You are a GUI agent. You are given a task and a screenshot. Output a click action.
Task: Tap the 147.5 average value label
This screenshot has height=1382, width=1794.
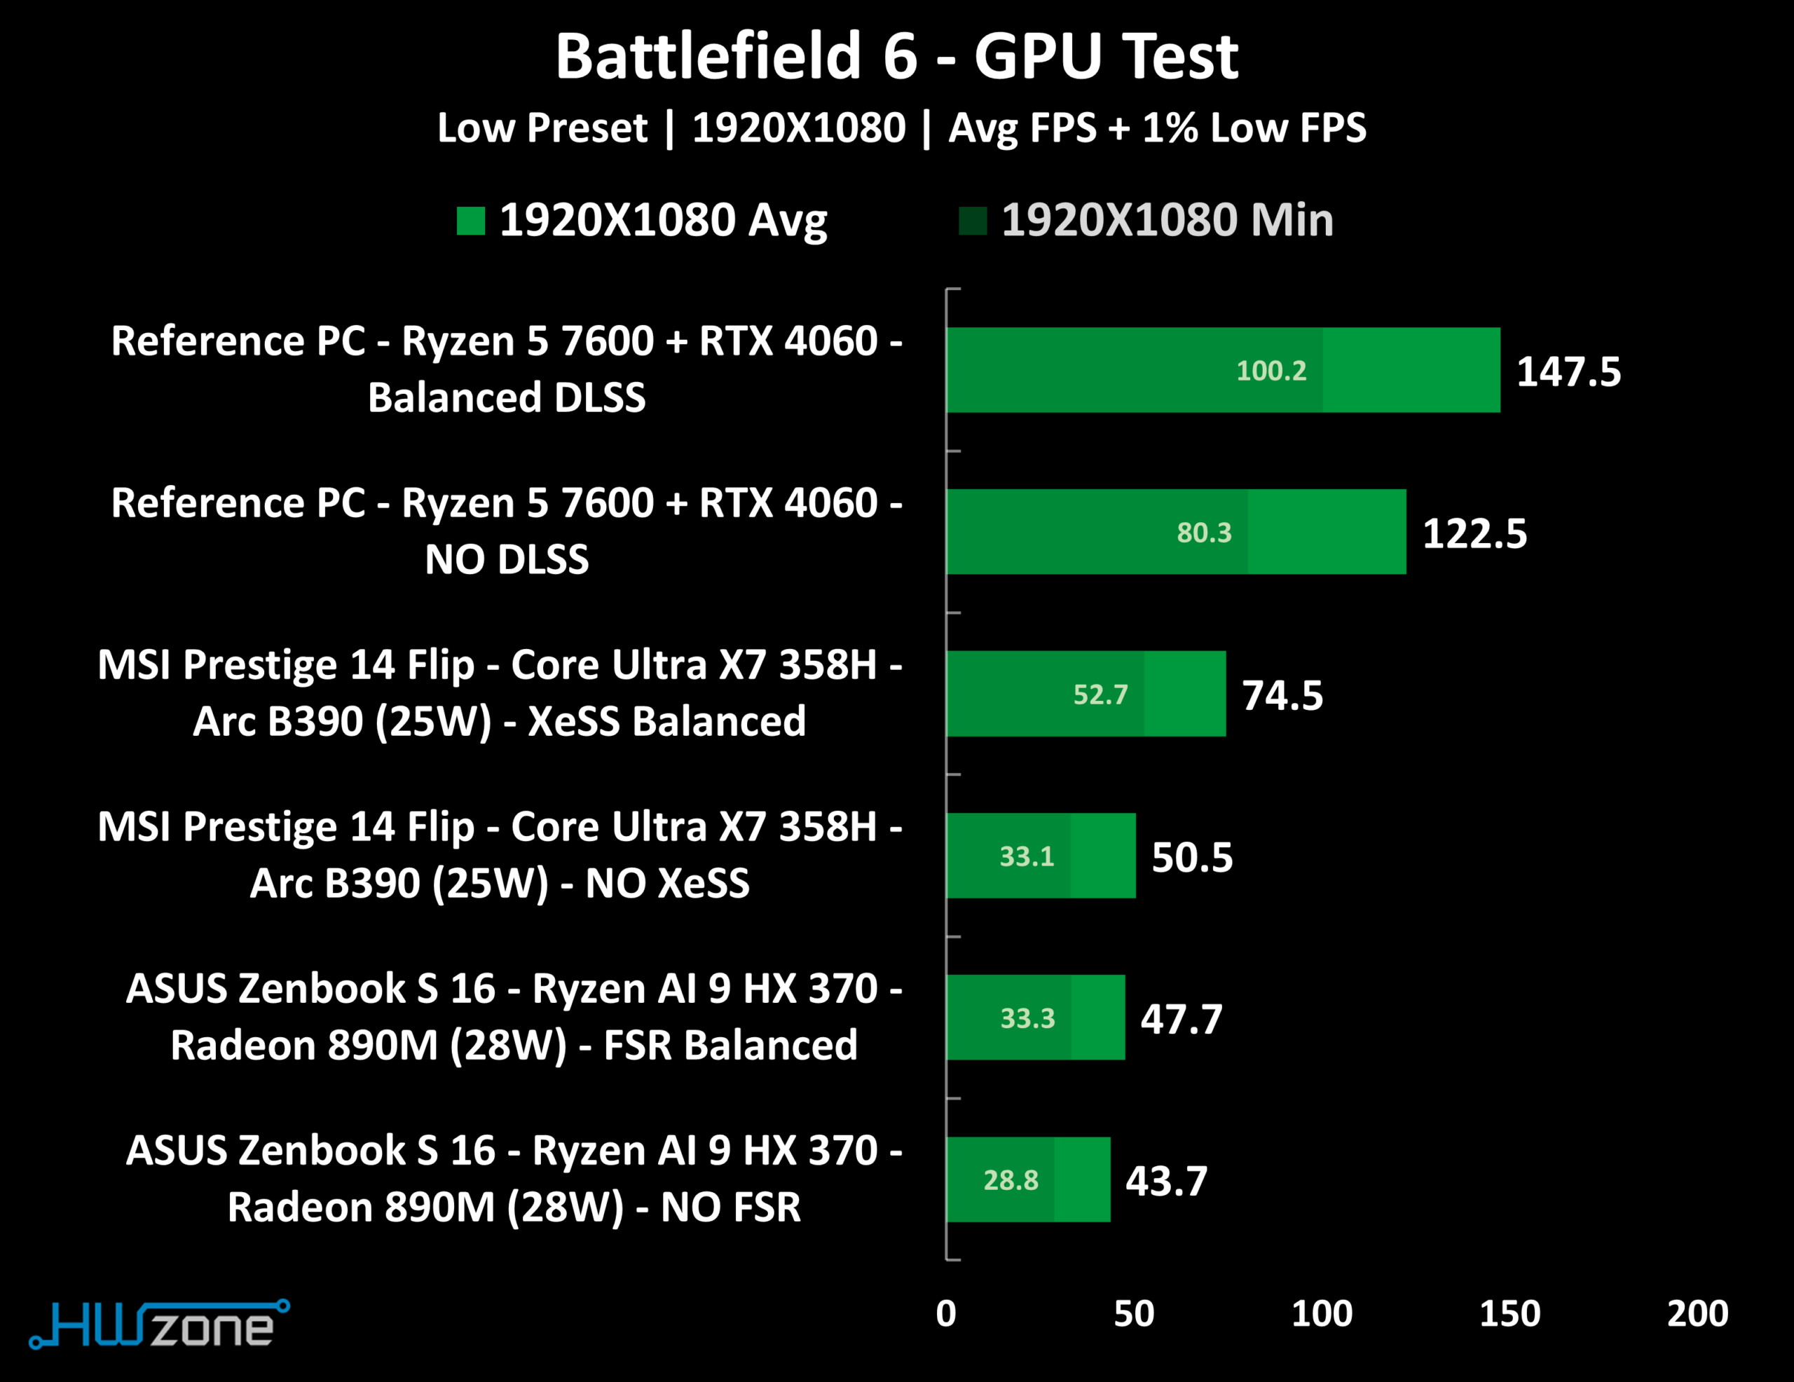[x=1568, y=371]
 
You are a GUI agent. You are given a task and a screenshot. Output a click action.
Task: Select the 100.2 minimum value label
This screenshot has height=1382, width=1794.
[x=1271, y=371]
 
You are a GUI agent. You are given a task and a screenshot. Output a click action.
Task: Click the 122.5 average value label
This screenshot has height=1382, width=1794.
[x=1474, y=533]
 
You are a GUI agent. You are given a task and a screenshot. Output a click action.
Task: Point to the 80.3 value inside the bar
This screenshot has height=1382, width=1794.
[x=1204, y=533]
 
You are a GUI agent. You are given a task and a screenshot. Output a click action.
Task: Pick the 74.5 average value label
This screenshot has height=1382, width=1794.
[x=1282, y=695]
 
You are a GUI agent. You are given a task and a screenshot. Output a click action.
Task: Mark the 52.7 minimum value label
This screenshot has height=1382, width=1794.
[x=1100, y=695]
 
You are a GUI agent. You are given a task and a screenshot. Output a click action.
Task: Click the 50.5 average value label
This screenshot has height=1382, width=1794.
[x=1192, y=857]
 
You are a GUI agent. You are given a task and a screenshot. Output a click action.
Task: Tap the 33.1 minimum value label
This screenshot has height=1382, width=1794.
[x=1026, y=856]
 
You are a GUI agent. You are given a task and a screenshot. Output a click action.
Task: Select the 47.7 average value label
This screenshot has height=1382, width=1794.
[x=1182, y=1019]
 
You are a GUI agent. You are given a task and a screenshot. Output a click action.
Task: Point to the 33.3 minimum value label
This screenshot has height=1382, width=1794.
[x=1027, y=1018]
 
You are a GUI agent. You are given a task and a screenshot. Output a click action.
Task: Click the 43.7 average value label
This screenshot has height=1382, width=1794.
[x=1166, y=1181]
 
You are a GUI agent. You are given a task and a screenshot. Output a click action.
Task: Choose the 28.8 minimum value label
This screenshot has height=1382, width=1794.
[x=1011, y=1180]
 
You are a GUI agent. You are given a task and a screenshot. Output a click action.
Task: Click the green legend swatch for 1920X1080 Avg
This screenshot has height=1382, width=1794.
[x=471, y=220]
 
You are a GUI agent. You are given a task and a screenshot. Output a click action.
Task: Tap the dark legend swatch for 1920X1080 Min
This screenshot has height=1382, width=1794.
[x=973, y=220]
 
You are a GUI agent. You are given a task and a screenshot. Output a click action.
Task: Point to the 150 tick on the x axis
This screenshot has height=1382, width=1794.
[x=1509, y=1313]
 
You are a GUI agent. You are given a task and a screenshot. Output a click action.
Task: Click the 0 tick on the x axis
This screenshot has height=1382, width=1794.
[x=946, y=1313]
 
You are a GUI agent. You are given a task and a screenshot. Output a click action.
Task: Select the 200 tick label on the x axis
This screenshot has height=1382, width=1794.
[x=1697, y=1313]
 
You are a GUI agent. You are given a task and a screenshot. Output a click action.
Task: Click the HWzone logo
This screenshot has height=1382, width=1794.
[x=159, y=1324]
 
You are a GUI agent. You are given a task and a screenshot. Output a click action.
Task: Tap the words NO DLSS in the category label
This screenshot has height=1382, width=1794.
[x=507, y=559]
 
